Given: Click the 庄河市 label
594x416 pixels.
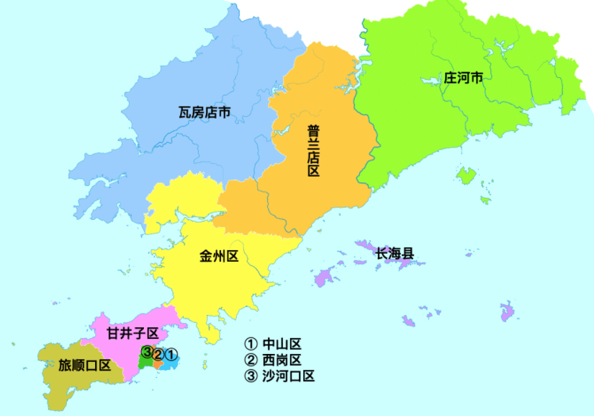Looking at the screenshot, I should [463, 78].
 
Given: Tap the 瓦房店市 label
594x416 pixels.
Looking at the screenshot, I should [204, 112].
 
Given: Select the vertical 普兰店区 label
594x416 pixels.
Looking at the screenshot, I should [313, 151].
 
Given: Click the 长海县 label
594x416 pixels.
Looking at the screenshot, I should [395, 253].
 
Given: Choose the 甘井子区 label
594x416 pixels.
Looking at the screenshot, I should [132, 333].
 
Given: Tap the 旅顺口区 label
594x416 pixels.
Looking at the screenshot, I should [85, 365].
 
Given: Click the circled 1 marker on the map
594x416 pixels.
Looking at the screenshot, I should [171, 354].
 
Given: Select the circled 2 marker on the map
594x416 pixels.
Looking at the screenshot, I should [158, 354].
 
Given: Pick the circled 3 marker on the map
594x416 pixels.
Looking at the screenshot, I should [147, 353].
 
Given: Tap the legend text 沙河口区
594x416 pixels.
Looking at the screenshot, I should [288, 376].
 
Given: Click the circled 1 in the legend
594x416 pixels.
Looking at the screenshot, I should [251, 344].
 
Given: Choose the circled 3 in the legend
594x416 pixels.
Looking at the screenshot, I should [251, 376].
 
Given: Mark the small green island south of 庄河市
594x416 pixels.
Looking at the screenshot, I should [467, 175].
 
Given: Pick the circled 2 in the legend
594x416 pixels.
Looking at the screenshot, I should [251, 360].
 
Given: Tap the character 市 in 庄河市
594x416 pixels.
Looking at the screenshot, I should [476, 78].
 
